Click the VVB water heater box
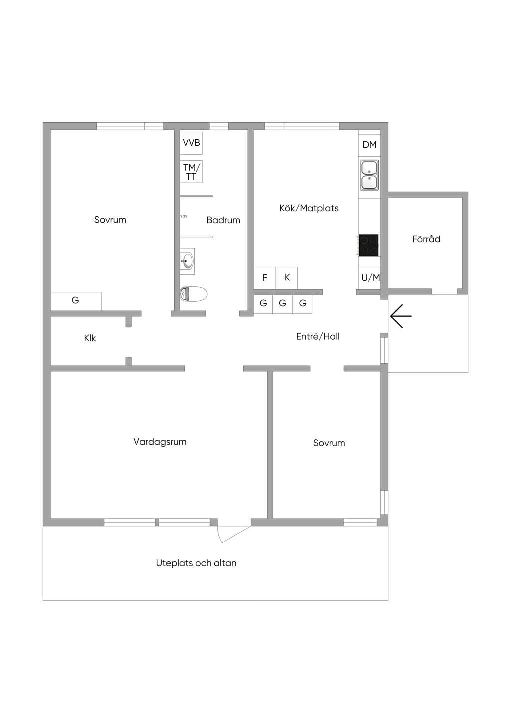pos(191,143)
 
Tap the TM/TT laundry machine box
pos(191,171)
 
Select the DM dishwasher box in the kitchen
pos(369,145)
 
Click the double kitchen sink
pos(369,175)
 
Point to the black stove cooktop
pos(369,245)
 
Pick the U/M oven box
pos(369,278)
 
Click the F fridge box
pos(264,278)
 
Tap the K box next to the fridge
pos(286,278)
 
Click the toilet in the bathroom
pos(193,294)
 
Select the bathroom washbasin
pos(187,261)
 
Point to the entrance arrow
pos(401,316)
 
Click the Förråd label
pos(426,239)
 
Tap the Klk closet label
pos(90,338)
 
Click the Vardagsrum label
pos(160,442)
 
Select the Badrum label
pos(223,220)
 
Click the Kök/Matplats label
pos(309,208)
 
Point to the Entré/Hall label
pos(318,336)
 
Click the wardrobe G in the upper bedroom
pos(76,301)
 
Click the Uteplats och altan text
pos(196,563)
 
